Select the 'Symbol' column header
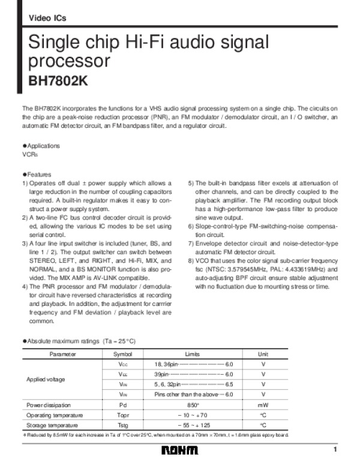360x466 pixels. (123, 354)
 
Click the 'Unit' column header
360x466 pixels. (263, 354)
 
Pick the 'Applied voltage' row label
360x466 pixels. (45, 380)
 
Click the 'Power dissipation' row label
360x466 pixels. (47, 405)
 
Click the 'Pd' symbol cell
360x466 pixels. (123, 405)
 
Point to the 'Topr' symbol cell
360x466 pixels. (123, 415)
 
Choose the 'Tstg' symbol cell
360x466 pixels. (123, 425)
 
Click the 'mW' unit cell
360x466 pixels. (263, 405)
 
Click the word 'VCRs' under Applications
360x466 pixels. (29, 154)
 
